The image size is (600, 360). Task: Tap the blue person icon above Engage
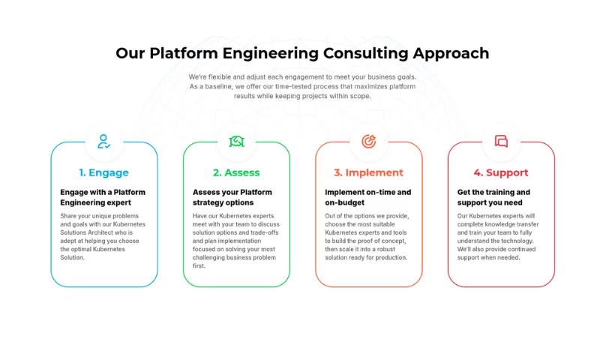103,141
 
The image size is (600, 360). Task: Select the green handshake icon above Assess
236,141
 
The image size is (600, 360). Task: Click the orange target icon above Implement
368,141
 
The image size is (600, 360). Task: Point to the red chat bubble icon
501,141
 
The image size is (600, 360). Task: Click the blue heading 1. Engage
103,172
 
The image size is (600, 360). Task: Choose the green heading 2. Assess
236,172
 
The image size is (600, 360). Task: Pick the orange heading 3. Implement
368,172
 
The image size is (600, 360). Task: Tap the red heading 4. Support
501,172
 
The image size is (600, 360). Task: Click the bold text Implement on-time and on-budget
367,197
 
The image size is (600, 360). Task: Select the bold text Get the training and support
493,197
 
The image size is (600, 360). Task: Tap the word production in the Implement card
391,257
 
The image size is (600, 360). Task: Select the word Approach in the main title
451,53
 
